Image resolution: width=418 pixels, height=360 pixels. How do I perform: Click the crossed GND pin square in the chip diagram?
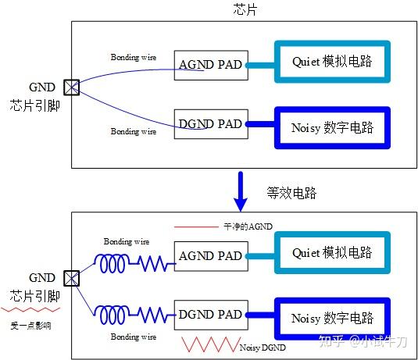pos(72,87)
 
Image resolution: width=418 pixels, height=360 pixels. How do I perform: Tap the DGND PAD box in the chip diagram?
pos(210,123)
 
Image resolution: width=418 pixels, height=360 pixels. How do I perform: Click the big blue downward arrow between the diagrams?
pos(244,189)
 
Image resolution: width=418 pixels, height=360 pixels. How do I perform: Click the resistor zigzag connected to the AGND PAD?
pos(155,264)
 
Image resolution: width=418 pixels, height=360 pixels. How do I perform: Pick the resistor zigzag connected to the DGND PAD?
pos(155,316)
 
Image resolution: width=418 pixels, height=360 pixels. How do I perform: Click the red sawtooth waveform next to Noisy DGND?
pos(208,344)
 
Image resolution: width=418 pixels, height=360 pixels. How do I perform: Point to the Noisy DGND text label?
pos(262,347)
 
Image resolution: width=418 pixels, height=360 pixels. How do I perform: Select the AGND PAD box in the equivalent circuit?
pos(210,255)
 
